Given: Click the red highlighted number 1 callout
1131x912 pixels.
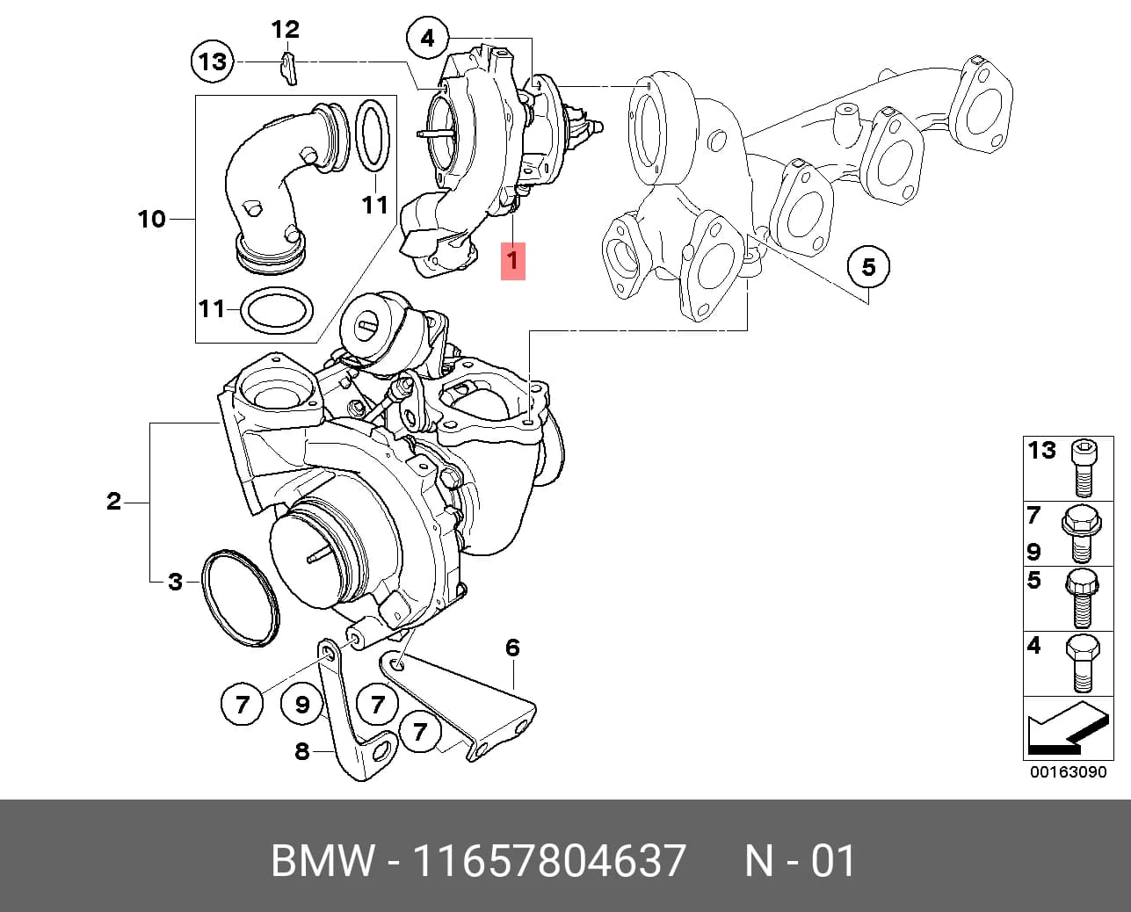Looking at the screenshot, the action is [512, 261].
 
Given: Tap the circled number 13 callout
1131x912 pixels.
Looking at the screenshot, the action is [213, 62].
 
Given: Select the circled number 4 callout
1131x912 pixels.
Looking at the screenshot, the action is [428, 39].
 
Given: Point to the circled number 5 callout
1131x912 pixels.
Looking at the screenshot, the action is [868, 267].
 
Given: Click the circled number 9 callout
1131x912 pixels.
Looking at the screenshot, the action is [302, 705].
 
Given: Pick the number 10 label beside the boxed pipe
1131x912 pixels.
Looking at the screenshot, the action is [152, 219].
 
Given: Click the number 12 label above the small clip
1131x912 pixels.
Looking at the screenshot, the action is [286, 30].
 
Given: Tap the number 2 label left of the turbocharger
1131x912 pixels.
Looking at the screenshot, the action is [114, 502].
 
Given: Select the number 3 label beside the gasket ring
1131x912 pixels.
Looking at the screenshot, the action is [175, 582].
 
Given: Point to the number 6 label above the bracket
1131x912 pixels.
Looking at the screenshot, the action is [512, 648].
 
